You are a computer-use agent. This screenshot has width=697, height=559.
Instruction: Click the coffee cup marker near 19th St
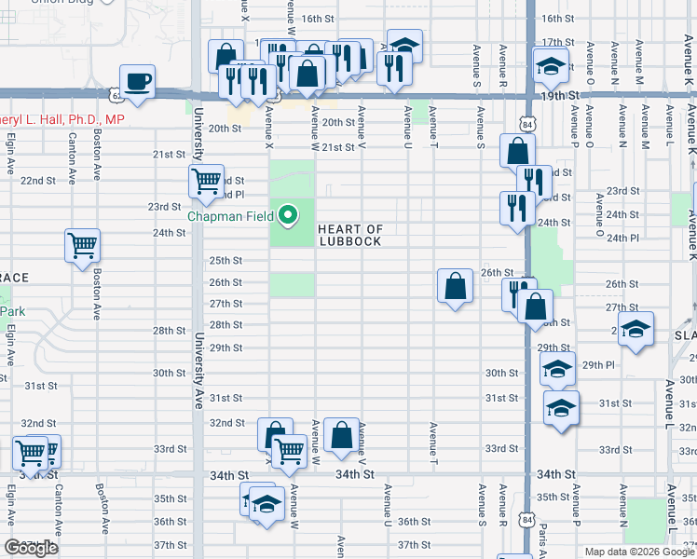click(x=138, y=81)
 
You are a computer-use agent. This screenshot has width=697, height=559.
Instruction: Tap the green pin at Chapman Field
click(x=288, y=216)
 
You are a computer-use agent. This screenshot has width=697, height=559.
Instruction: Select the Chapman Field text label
click(x=230, y=216)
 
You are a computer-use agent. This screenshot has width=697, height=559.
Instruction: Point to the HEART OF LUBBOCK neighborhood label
click(x=350, y=235)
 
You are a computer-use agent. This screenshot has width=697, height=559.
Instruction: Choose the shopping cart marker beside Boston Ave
click(x=82, y=246)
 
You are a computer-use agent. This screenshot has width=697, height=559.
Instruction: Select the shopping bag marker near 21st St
click(x=516, y=151)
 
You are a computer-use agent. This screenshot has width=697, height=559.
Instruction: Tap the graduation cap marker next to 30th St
click(x=557, y=370)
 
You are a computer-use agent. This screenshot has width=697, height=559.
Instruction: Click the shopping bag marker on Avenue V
click(x=341, y=435)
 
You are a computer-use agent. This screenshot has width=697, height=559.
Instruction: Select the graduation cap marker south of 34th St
click(x=266, y=505)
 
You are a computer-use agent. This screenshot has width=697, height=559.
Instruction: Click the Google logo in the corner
click(x=31, y=548)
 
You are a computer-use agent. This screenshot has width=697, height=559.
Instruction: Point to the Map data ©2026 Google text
click(x=639, y=552)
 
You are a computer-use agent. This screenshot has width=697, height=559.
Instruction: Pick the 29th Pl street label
click(x=597, y=365)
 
